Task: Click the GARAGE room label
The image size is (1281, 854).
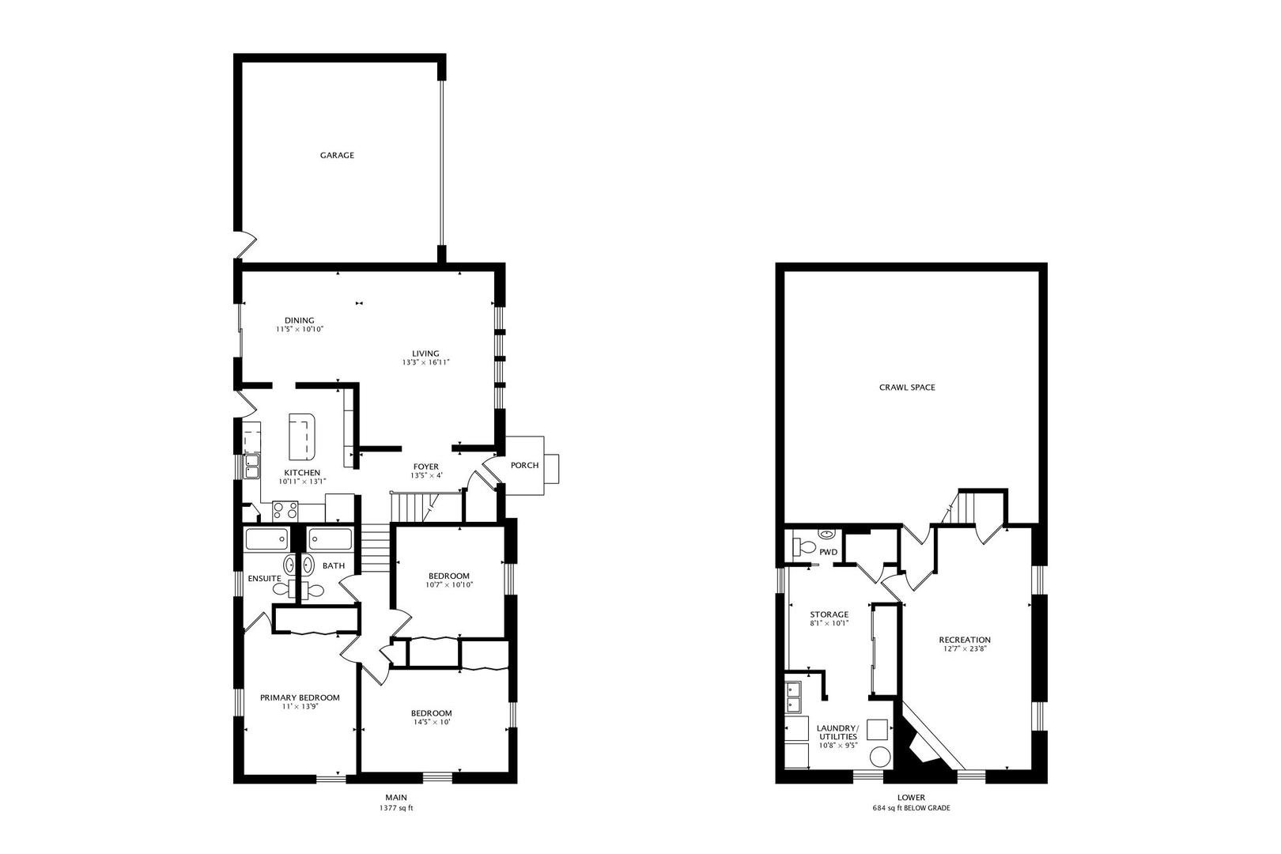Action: (337, 156)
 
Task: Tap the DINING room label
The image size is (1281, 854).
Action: (300, 320)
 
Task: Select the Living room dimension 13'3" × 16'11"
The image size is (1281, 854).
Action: (425, 363)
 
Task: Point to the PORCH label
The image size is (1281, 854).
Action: (524, 466)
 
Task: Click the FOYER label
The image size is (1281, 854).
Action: (425, 467)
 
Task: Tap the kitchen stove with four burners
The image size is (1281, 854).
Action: (285, 511)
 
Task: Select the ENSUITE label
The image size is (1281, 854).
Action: (264, 579)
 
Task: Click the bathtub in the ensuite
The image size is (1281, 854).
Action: (266, 540)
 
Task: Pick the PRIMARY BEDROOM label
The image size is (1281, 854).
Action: (300, 698)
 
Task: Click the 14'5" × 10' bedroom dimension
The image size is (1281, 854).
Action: (432, 722)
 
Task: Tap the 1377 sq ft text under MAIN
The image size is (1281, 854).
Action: (396, 809)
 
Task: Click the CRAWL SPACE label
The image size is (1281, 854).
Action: (907, 387)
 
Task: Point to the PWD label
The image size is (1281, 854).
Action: (828, 552)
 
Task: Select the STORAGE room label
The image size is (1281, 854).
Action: (829, 614)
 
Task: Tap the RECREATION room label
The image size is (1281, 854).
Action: (964, 640)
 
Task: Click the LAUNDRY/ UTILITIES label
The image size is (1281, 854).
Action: (837, 731)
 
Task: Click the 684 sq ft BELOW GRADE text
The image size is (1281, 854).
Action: (911, 809)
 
